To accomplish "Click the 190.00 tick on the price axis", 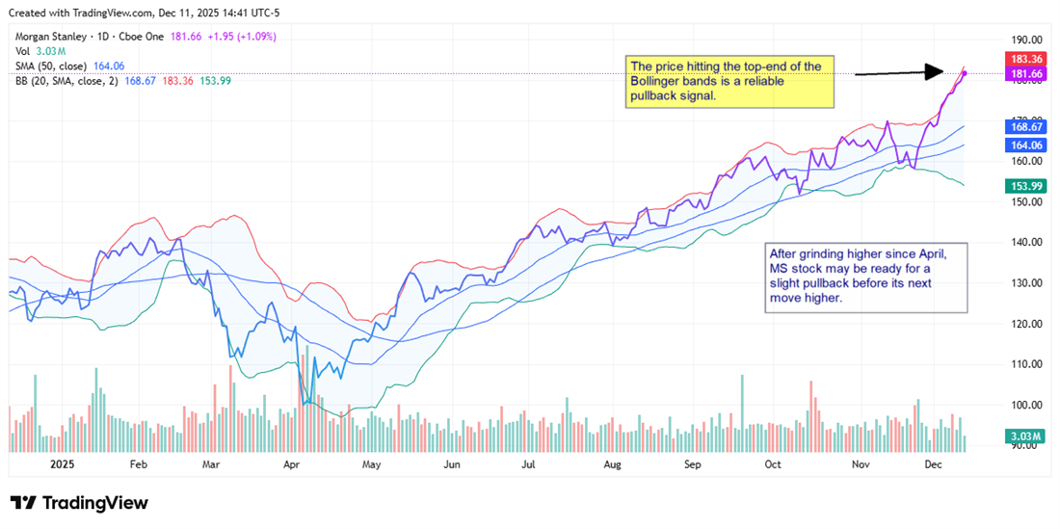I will (x=1022, y=40).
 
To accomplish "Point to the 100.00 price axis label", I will (x=1022, y=405).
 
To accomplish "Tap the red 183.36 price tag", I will (x=1025, y=59).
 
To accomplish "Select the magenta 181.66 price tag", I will (x=1025, y=73).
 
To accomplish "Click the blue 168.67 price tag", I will (x=1025, y=126).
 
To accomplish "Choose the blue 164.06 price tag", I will (x=1025, y=145).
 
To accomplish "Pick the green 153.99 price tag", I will (x=1025, y=186).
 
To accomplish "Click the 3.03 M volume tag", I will (x=1025, y=436).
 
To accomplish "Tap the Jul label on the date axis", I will (x=528, y=463).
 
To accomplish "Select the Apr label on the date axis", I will (x=292, y=463).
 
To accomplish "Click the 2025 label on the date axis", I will (x=62, y=463).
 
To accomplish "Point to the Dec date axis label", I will (x=933, y=463).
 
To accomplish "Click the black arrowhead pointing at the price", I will (x=933, y=71).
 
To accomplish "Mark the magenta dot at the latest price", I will (x=965, y=73).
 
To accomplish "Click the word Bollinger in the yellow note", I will (x=659, y=80).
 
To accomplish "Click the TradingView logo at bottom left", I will (x=79, y=503).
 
